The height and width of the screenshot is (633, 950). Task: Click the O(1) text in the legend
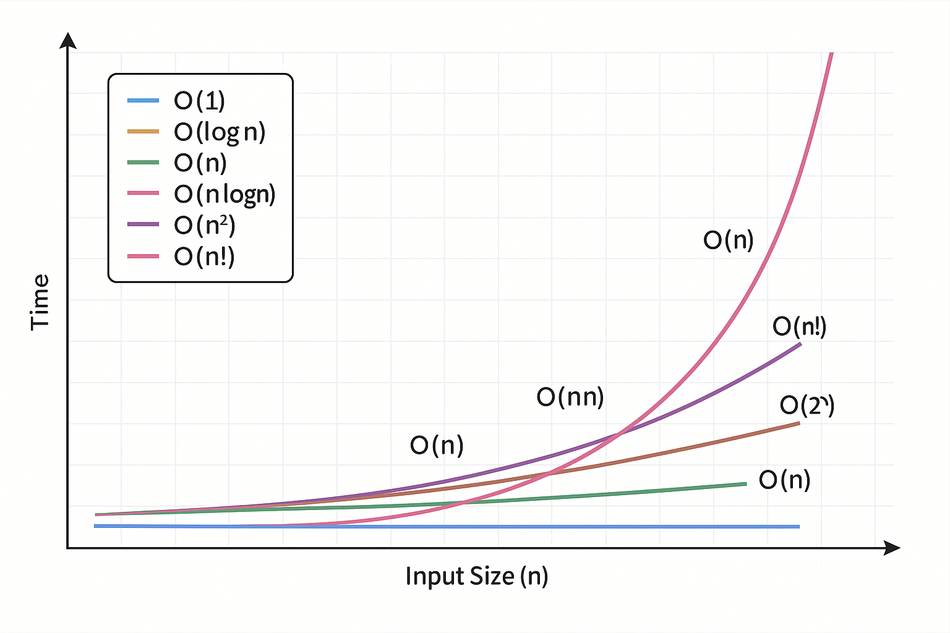pos(199,101)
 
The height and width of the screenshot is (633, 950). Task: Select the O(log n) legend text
pos(220,132)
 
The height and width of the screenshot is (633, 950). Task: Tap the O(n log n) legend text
pos(225,194)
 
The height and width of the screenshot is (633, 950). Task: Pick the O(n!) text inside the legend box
pos(204,256)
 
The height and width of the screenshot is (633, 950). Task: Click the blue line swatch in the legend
pos(143,101)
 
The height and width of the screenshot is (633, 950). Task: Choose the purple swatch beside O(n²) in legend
pos(143,224)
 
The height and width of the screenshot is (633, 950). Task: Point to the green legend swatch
pos(143,163)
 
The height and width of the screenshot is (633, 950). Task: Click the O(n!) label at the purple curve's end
pos(799,326)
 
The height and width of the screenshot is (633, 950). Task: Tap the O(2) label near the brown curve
pos(807,406)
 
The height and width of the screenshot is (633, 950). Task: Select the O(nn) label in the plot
pos(570,397)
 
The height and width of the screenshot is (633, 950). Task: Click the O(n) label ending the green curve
pos(784,480)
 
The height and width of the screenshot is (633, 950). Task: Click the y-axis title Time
pos(40,302)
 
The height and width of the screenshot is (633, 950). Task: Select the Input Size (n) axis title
pos(477,576)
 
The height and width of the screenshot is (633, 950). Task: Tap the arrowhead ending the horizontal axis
pos(892,548)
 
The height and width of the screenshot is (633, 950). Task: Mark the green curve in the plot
pos(618,494)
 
